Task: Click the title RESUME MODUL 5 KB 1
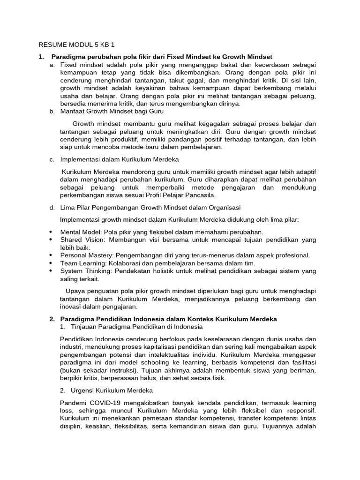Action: (76, 45)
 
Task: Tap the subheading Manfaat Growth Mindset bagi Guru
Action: (112, 112)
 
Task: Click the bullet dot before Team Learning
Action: (51, 263)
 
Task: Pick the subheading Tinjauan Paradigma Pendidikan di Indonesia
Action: (136, 326)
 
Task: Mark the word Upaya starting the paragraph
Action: (75, 291)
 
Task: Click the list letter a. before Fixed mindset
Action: (52, 65)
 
